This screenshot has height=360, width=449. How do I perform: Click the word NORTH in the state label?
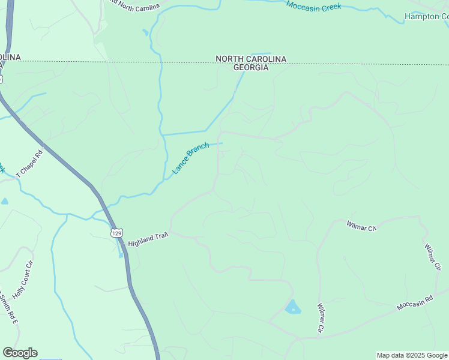(x=229, y=59)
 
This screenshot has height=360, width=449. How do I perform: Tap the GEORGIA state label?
(x=250, y=68)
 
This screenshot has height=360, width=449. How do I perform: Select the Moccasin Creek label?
(x=313, y=6)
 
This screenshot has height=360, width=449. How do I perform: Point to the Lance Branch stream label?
(x=191, y=158)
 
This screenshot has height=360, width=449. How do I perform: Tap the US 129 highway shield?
(x=116, y=232)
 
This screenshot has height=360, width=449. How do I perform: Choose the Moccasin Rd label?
(x=415, y=303)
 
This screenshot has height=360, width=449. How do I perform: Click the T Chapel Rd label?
(x=30, y=162)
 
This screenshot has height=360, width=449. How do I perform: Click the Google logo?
(x=20, y=353)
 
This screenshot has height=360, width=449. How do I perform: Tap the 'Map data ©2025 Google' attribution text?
(x=412, y=355)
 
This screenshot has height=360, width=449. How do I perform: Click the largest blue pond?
(x=292, y=307)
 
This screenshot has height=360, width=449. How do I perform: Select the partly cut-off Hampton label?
(x=426, y=16)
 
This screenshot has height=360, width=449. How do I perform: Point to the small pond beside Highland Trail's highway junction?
(x=121, y=254)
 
